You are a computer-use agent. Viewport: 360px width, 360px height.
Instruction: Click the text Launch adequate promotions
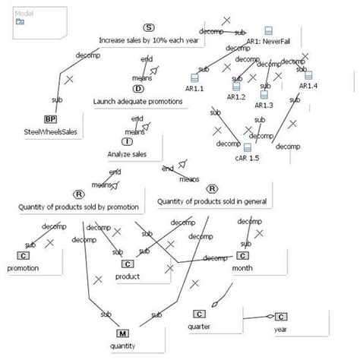click(x=138, y=100)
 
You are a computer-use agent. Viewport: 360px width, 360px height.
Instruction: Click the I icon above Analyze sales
click(x=127, y=141)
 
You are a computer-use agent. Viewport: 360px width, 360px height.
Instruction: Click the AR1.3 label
click(x=264, y=104)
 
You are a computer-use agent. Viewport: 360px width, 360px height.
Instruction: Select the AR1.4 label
click(x=308, y=86)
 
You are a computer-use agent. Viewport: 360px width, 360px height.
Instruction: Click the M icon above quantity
click(x=122, y=333)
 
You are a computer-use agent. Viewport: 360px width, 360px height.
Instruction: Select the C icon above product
click(x=127, y=264)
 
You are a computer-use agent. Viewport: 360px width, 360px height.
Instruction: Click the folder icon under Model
click(x=19, y=22)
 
